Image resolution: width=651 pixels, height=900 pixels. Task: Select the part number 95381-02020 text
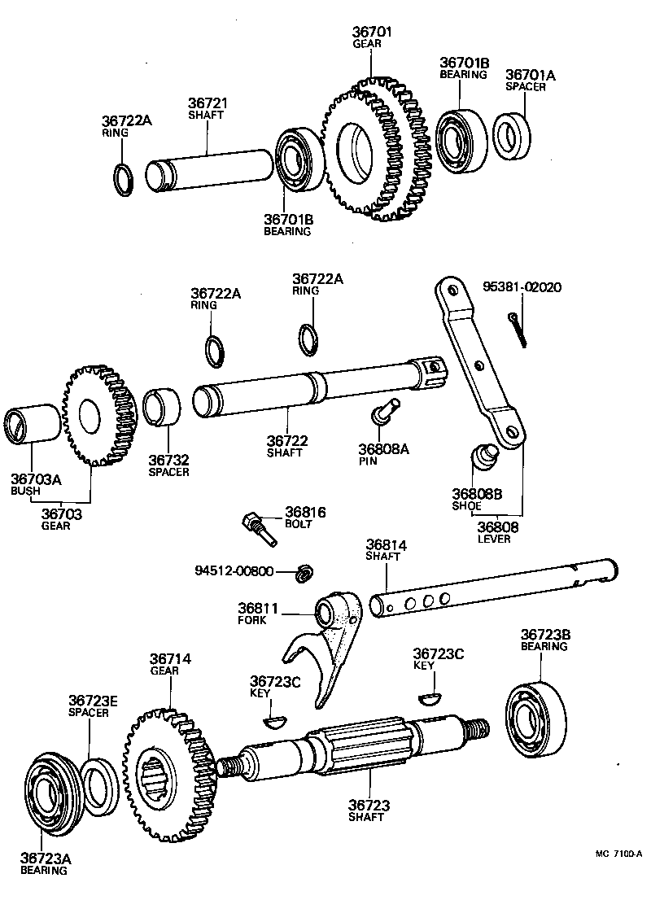522,287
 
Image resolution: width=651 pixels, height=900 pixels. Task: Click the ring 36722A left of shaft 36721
122,178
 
